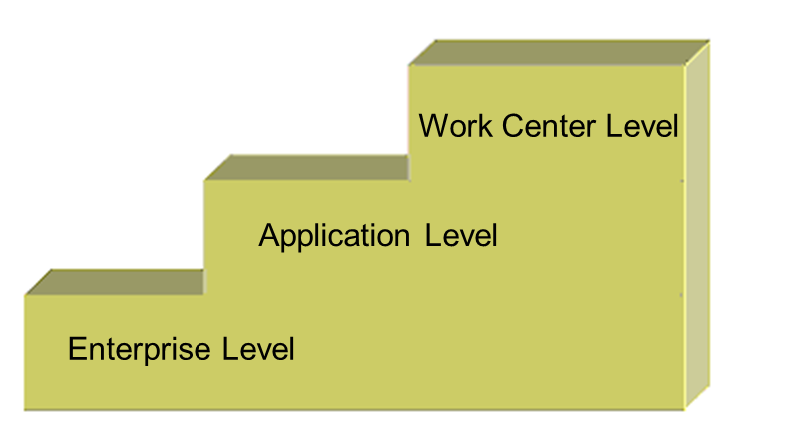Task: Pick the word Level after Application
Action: click(x=461, y=237)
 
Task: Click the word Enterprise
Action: click(x=140, y=350)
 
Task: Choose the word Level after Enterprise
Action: click(x=258, y=350)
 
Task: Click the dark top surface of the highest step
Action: click(x=559, y=53)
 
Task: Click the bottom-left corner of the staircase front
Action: click(x=25, y=408)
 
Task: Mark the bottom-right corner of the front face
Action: click(x=684, y=408)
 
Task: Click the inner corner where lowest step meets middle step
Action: click(x=204, y=295)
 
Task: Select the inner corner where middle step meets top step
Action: click(x=409, y=181)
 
